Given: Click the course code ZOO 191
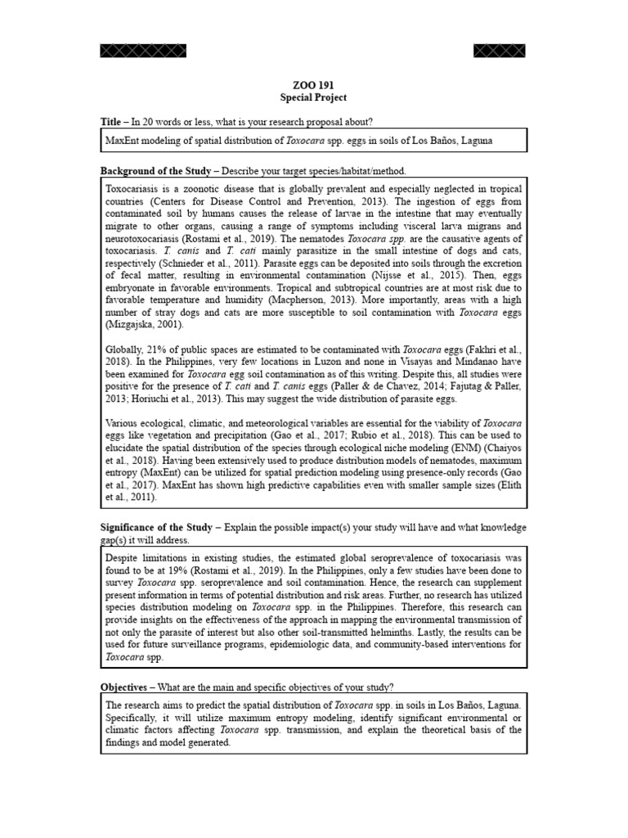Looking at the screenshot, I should pyautogui.click(x=313, y=84).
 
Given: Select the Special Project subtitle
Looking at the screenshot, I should pyautogui.click(x=313, y=97).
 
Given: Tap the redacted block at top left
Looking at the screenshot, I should pyautogui.click(x=143, y=51).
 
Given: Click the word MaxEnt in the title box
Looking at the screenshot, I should pyautogui.click(x=123, y=141).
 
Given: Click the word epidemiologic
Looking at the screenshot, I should pyautogui.click(x=316, y=645).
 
